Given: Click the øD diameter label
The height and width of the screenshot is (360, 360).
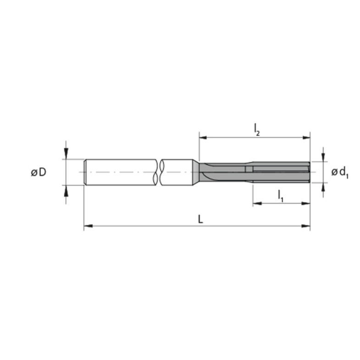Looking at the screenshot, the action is click(x=39, y=172).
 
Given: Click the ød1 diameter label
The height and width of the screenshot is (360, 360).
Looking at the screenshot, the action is click(x=340, y=172).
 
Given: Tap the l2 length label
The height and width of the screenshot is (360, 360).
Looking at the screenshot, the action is click(x=257, y=130).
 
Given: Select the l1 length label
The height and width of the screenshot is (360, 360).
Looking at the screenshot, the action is click(x=281, y=196).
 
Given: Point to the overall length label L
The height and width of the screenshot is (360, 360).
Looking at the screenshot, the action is click(x=201, y=220).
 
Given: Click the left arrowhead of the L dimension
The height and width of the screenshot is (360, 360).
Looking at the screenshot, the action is click(x=88, y=226).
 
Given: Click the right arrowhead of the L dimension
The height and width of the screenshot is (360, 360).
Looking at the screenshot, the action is click(x=305, y=226).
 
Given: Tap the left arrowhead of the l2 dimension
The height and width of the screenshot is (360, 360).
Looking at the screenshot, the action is click(x=204, y=138).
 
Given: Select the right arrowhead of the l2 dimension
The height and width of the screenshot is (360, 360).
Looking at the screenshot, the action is click(x=306, y=138).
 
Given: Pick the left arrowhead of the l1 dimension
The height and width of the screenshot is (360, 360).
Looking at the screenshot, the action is click(x=257, y=203).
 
